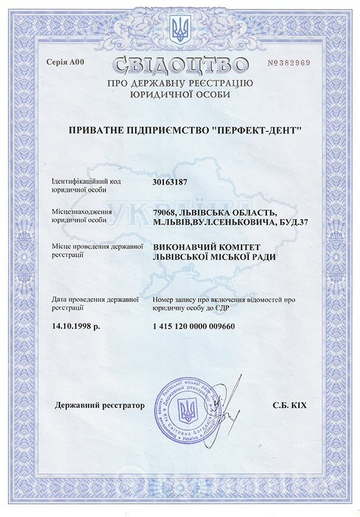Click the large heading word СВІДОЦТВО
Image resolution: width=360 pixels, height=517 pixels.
click(x=180, y=64)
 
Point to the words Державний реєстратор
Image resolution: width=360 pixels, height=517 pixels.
click(x=100, y=406)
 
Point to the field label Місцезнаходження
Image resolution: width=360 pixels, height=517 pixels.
click(x=82, y=213)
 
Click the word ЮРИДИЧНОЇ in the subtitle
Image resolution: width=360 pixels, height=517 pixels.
click(x=158, y=94)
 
